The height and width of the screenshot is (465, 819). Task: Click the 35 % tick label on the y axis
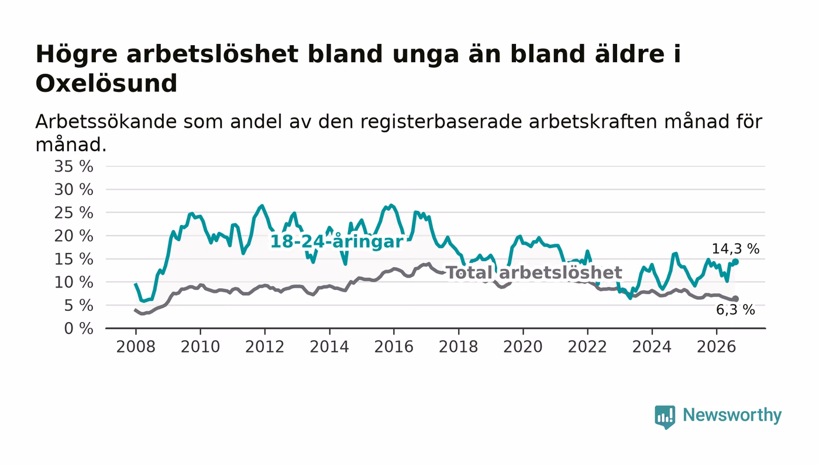click(x=74, y=166)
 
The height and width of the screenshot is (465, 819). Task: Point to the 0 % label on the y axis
click(x=78, y=329)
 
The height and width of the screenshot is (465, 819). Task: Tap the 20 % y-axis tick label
click(x=74, y=236)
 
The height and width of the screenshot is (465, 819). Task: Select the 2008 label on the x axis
click(x=136, y=347)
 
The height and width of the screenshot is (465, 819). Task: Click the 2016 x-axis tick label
click(x=394, y=347)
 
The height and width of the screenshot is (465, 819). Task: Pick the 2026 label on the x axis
click(x=716, y=347)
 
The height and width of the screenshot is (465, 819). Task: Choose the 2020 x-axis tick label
click(x=523, y=347)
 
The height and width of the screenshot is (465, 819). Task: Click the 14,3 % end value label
click(x=735, y=249)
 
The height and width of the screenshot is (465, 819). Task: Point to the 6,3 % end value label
click(x=735, y=310)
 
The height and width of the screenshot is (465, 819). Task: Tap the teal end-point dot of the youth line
click(x=736, y=262)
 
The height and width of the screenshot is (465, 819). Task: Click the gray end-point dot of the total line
click(x=736, y=299)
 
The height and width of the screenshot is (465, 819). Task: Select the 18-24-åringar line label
click(x=337, y=242)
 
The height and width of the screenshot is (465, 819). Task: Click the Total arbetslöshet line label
click(x=534, y=273)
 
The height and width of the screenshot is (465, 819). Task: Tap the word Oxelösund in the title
click(x=106, y=84)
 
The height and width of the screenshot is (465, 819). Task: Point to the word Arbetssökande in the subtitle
click(x=106, y=122)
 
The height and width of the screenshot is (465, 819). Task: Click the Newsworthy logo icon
click(x=665, y=417)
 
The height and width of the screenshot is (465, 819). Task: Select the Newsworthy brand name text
click(x=732, y=415)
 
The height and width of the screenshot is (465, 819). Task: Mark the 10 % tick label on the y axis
click(x=74, y=282)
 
